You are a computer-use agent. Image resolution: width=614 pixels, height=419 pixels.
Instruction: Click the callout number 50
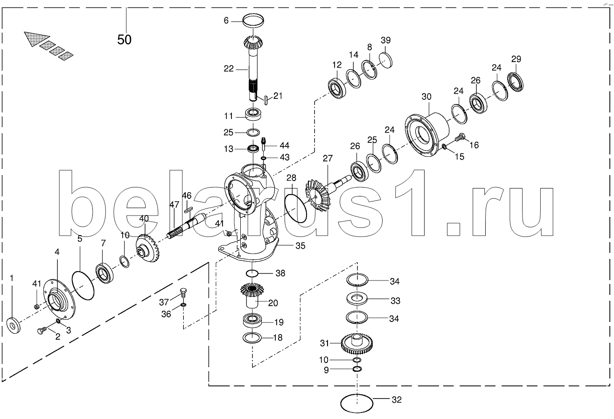tap(125, 39)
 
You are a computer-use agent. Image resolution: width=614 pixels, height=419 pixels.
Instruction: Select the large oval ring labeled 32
tap(357, 403)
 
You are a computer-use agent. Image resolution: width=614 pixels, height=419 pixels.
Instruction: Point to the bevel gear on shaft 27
tap(317, 196)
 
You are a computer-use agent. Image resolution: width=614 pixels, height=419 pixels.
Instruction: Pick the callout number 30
tap(426, 97)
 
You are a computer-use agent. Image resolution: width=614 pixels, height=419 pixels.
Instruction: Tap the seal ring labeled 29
tap(515, 81)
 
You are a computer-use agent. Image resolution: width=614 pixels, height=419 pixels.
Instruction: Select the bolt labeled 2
tap(42, 330)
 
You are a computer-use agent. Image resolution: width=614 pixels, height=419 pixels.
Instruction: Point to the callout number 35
tap(300, 245)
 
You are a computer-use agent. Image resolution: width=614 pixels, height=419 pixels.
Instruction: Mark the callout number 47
tap(174, 204)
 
